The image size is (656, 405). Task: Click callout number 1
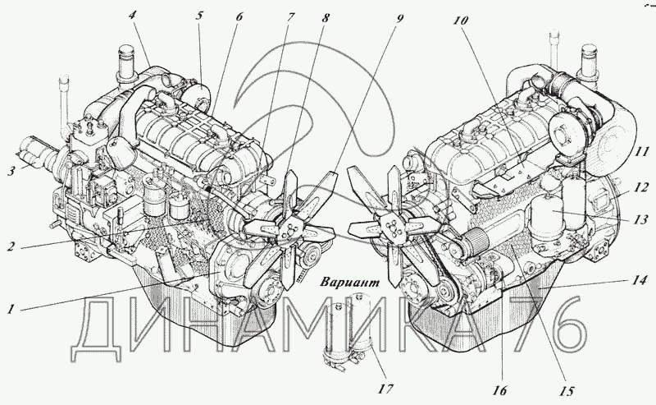[x=11, y=310]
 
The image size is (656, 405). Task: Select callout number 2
[x=11, y=246]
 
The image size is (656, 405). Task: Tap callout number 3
[x=12, y=172]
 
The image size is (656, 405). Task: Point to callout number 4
[x=133, y=16]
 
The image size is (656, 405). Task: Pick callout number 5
[x=199, y=16]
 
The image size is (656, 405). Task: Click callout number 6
[x=239, y=17]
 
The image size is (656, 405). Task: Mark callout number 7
[x=291, y=17]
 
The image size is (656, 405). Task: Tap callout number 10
[x=460, y=20]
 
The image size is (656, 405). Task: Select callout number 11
[x=641, y=151]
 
